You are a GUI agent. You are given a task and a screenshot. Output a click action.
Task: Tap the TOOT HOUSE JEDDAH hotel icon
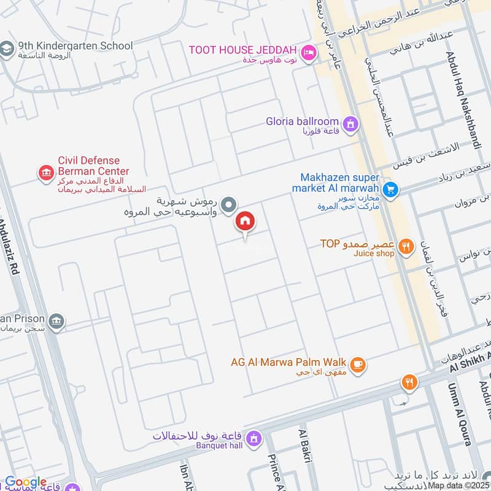coord(309,52)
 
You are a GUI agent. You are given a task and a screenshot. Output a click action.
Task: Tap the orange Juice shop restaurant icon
coord(405,247)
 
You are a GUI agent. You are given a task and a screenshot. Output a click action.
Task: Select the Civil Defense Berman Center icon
coord(46,174)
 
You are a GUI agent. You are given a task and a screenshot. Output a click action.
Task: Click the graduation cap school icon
coord(7,49)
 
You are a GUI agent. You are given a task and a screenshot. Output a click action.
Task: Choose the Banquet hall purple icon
coord(253,438)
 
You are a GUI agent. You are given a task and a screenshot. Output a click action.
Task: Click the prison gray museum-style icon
coord(56,321)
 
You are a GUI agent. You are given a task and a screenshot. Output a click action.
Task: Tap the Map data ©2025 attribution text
coord(458,485)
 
